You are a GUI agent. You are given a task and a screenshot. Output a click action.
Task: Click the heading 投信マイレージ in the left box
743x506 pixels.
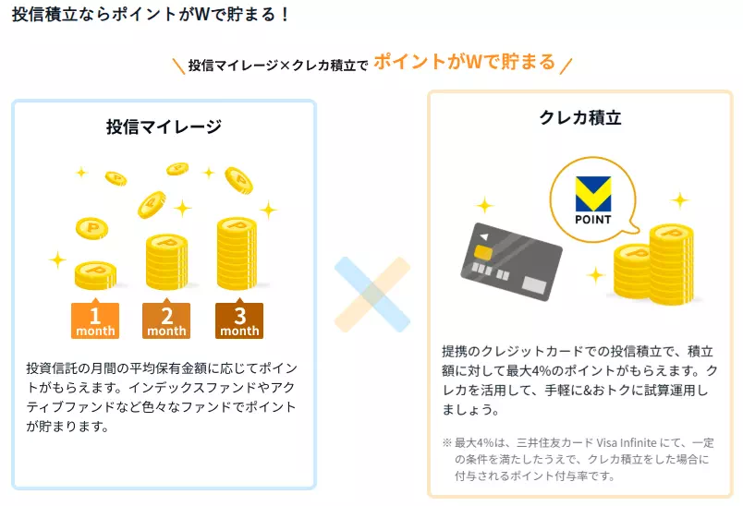[x=164, y=126]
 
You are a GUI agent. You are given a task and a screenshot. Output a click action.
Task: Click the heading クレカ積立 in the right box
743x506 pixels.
[x=579, y=117]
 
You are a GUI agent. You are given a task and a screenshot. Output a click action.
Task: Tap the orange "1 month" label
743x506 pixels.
[x=95, y=320]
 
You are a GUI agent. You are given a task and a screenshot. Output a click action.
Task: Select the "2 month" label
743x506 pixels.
[x=166, y=320]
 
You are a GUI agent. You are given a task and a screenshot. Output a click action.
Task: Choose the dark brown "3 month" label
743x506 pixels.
[x=239, y=320]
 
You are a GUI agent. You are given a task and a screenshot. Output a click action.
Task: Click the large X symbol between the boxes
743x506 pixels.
[x=371, y=295]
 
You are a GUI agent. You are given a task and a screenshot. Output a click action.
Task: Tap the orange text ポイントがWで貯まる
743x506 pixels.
[x=464, y=62]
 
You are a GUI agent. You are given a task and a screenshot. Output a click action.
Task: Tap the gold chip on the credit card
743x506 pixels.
[x=483, y=252]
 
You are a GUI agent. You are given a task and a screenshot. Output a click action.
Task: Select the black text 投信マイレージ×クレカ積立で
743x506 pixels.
[x=278, y=66]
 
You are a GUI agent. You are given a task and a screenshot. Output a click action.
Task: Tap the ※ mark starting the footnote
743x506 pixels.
[x=446, y=443]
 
